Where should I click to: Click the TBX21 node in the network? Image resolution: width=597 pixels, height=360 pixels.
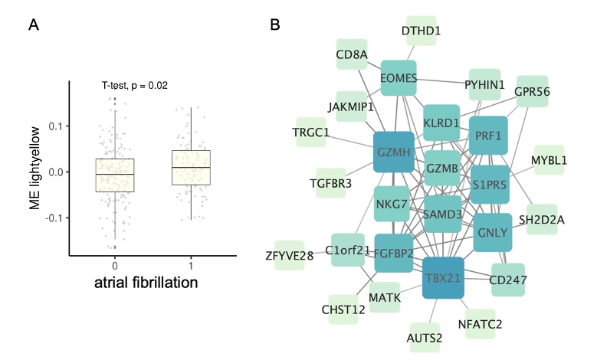click(x=442, y=277)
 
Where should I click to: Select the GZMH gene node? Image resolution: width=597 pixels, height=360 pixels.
click(x=394, y=152)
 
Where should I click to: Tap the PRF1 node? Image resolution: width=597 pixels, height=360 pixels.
click(x=488, y=136)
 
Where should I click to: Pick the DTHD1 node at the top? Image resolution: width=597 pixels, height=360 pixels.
click(x=421, y=31)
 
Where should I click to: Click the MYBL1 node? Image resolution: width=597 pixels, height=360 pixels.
click(x=549, y=160)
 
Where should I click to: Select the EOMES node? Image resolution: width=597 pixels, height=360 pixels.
click(x=398, y=78)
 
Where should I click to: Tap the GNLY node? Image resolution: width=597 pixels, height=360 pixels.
click(x=492, y=233)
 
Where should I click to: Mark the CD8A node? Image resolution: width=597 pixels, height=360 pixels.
click(x=352, y=54)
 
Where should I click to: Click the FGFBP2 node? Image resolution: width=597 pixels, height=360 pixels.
click(x=395, y=253)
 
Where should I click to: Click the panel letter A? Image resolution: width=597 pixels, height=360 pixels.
click(x=33, y=26)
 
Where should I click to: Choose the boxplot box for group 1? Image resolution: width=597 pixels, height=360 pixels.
click(x=191, y=168)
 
